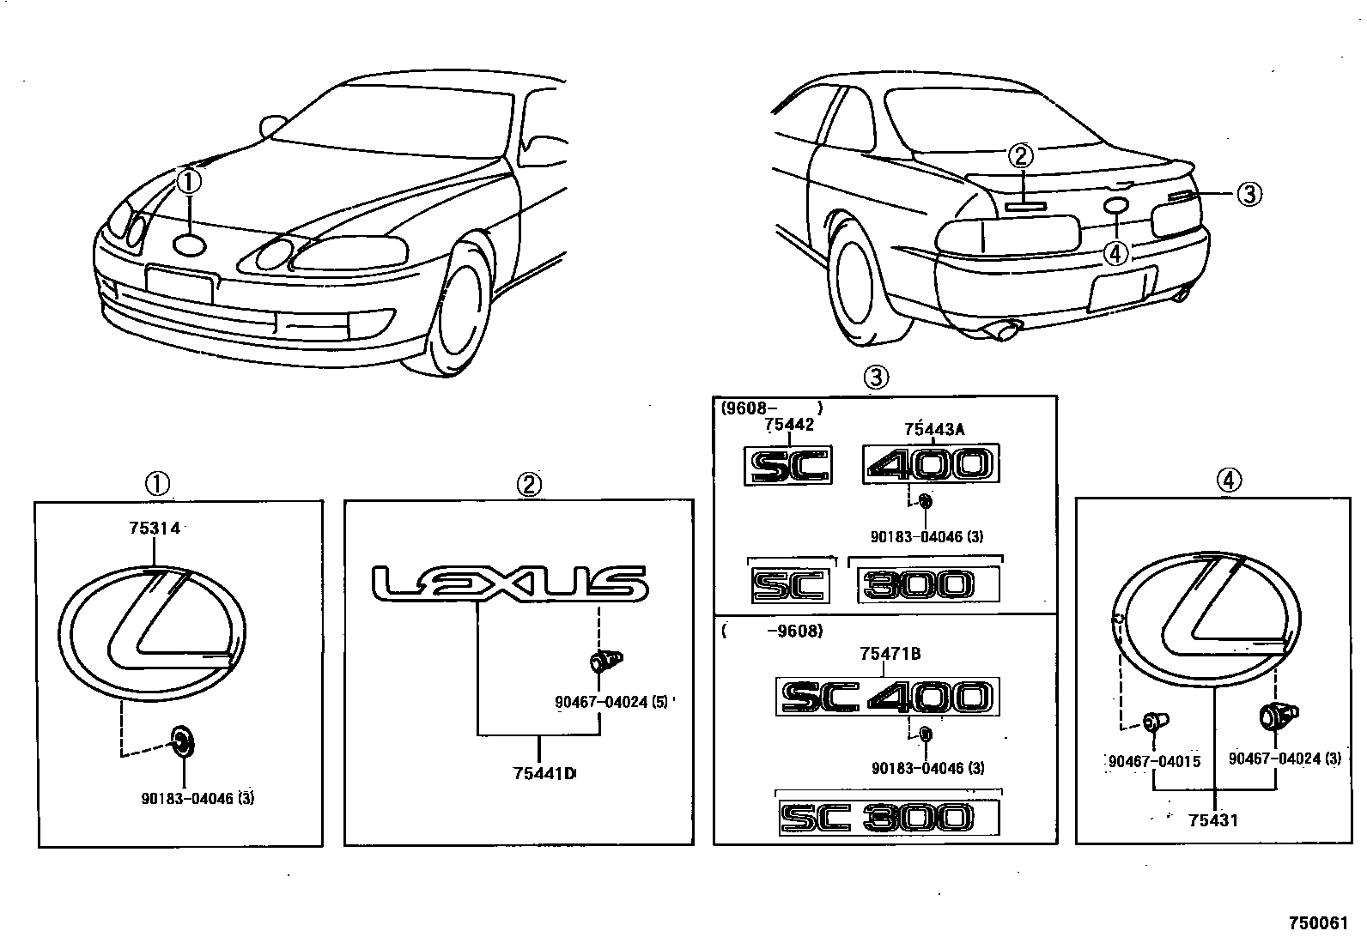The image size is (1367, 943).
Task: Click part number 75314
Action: [155, 529]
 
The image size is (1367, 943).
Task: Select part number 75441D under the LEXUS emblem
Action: [544, 774]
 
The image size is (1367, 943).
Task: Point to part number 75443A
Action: [934, 430]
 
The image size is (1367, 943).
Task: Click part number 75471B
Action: [890, 654]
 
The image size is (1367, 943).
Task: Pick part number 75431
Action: [1213, 820]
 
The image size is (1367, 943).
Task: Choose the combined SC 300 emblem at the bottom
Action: [889, 818]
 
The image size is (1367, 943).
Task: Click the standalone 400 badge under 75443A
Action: [931, 465]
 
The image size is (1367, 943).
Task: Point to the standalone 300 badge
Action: [927, 586]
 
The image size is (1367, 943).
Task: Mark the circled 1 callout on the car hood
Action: [190, 182]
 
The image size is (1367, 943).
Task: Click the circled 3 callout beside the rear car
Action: [1249, 195]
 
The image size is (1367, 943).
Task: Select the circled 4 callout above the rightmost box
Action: [1229, 481]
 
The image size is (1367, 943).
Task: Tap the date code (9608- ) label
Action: [772, 408]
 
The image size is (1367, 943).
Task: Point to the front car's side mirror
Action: [273, 125]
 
